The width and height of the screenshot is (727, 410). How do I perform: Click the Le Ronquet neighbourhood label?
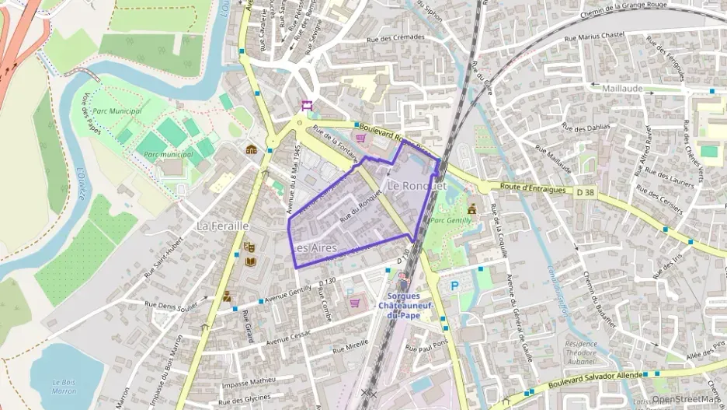pos(417,186)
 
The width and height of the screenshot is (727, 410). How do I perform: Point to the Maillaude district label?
pos(622,89)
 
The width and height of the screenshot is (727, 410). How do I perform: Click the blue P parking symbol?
pos(454,286)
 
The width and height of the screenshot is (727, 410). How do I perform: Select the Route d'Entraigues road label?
pos(530,187)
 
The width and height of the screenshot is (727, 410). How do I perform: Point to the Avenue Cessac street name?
pos(288,337)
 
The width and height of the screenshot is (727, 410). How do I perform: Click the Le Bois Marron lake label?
pos(64,386)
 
